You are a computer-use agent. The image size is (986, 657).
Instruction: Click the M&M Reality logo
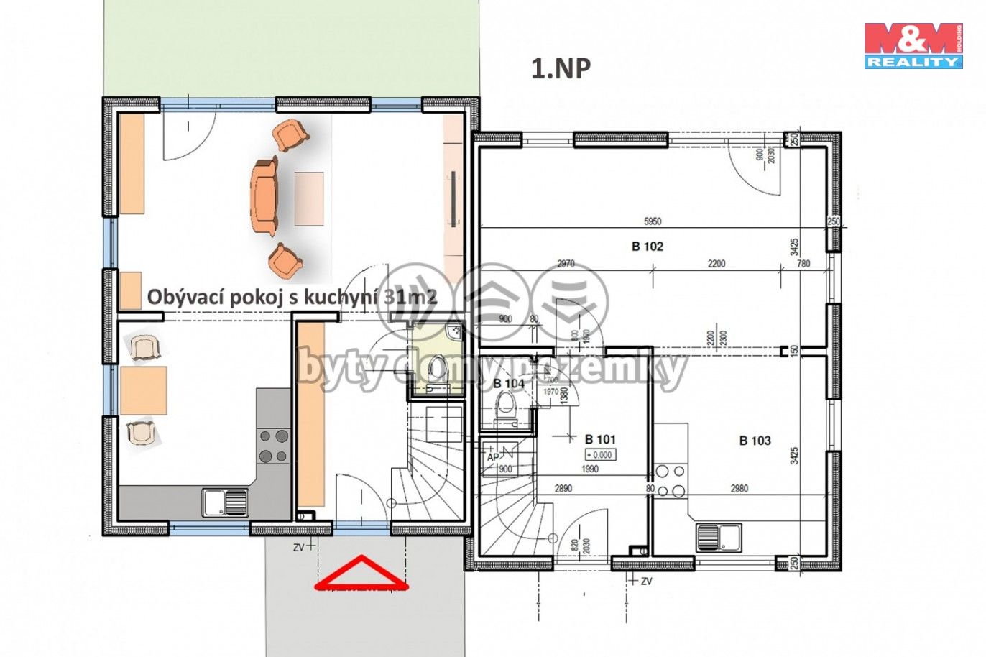click(x=913, y=45)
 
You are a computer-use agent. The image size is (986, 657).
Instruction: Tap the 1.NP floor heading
click(x=561, y=68)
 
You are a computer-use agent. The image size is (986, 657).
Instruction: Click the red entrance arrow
click(x=362, y=574)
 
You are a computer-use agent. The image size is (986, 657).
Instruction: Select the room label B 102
click(x=647, y=247)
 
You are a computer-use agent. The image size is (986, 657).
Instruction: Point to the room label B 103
click(x=755, y=441)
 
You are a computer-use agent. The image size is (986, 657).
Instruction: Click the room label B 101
click(x=600, y=439)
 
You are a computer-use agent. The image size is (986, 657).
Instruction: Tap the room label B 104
click(x=509, y=384)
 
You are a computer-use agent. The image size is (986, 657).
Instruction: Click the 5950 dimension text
click(x=652, y=221)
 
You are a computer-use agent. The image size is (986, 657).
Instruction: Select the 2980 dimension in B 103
click(x=739, y=489)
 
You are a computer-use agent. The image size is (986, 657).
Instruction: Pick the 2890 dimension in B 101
click(x=563, y=489)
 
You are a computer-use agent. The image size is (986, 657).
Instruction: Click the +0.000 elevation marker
click(x=599, y=454)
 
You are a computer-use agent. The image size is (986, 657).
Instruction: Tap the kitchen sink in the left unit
click(x=225, y=502)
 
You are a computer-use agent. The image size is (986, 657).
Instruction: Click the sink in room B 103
click(x=719, y=536)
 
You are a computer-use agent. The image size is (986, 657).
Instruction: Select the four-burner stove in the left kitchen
click(x=273, y=446)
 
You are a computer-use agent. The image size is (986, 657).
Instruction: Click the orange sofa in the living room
click(x=264, y=196)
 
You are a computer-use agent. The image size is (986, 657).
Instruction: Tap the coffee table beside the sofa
click(x=309, y=198)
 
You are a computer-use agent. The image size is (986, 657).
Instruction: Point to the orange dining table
click(x=143, y=390)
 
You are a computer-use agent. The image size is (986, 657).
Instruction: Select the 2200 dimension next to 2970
click(x=717, y=264)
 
